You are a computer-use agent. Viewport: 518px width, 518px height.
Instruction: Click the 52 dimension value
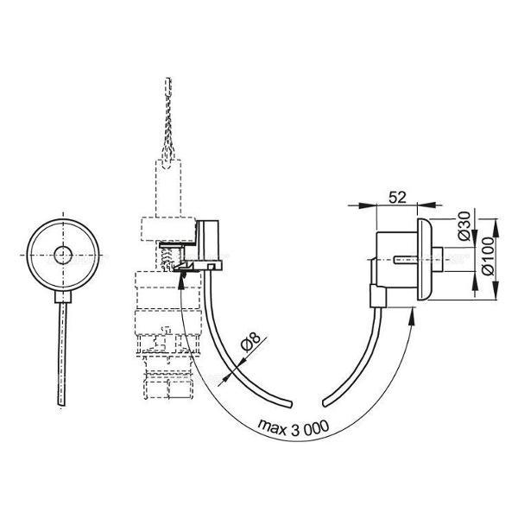point(397,197)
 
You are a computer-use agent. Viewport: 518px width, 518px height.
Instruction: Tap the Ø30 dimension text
point(464,226)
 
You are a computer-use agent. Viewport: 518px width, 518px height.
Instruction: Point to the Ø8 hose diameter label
point(250,341)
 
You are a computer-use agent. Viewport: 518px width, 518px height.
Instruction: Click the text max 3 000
point(294,428)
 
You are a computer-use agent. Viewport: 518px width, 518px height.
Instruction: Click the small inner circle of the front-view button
point(63,255)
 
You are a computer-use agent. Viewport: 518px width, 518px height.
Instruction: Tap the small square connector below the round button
point(63,297)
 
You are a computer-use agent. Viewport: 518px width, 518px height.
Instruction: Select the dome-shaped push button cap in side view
point(425,259)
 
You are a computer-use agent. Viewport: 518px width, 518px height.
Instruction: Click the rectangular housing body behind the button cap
point(397,260)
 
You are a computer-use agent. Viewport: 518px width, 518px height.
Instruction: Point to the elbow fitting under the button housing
point(378,296)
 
